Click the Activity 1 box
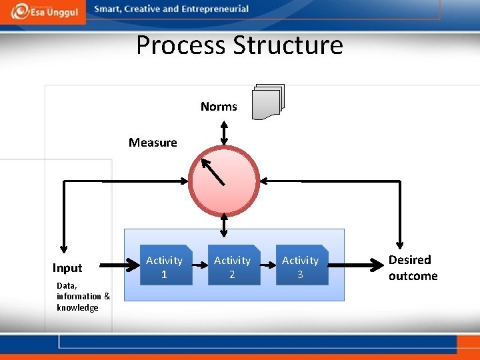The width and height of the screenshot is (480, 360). pyautogui.click(x=164, y=265)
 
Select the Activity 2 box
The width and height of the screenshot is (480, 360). pyautogui.click(x=232, y=265)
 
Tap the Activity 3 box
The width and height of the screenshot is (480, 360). pyautogui.click(x=301, y=265)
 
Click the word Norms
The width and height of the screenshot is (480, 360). pyautogui.click(x=219, y=107)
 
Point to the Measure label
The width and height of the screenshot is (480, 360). pyautogui.click(x=153, y=142)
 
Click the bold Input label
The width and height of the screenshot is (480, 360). pyautogui.click(x=67, y=268)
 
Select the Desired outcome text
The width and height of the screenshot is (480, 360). pyautogui.click(x=413, y=268)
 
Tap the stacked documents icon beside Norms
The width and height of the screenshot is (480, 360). pyautogui.click(x=267, y=102)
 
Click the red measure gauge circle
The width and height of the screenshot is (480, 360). pyautogui.click(x=224, y=179)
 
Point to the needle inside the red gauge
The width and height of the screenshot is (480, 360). pyautogui.click(x=215, y=172)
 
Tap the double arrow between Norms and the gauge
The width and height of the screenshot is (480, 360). pyautogui.click(x=225, y=132)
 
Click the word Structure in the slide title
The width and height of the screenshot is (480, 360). pyautogui.click(x=289, y=45)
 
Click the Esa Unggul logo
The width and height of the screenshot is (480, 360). pyautogui.click(x=42, y=11)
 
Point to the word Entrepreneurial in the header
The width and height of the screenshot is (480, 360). pyautogui.click(x=215, y=9)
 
